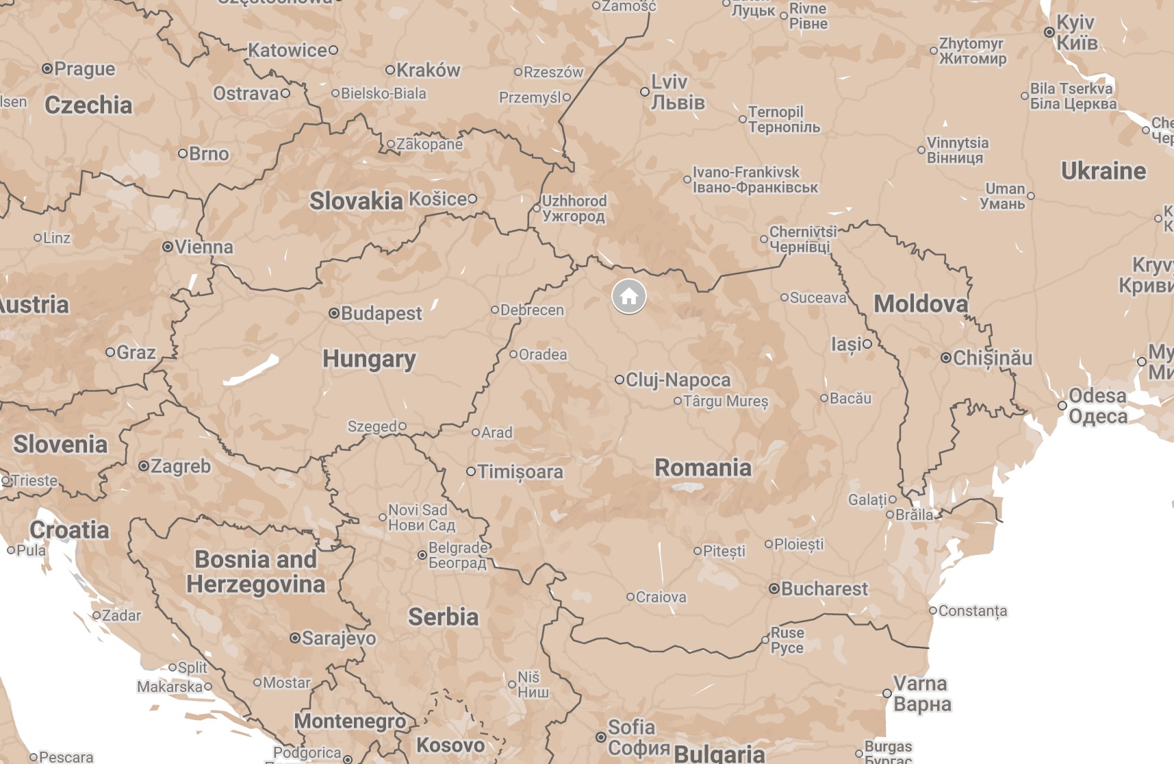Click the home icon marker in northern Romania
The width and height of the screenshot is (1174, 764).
pos(628,297)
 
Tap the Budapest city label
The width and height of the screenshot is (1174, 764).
pos(381,314)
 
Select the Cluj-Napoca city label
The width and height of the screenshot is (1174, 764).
pos(678,380)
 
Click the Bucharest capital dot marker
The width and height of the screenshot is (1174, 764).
pos(774,589)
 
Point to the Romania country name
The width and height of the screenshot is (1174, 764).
pos(703,467)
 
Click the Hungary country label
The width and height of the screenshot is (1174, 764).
pos(369,358)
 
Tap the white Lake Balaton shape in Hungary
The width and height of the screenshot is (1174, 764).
pos(251,371)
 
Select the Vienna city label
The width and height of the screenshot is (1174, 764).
pos(203,247)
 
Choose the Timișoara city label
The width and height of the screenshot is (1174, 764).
pos(520,471)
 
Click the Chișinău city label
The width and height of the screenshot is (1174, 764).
pos(992,358)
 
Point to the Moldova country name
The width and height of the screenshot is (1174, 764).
pos(921,304)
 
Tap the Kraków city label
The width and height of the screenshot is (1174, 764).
pos(428,70)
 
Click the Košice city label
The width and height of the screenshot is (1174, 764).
pos(437,199)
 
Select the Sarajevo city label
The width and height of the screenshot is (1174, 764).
pos(338,638)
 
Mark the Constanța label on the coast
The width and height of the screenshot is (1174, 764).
pos(972,611)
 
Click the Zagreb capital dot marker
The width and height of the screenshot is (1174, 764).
pos(144,466)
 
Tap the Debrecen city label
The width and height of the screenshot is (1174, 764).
pos(531,310)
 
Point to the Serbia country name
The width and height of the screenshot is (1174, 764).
pos(443,617)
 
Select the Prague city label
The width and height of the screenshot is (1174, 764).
pos(84,69)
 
